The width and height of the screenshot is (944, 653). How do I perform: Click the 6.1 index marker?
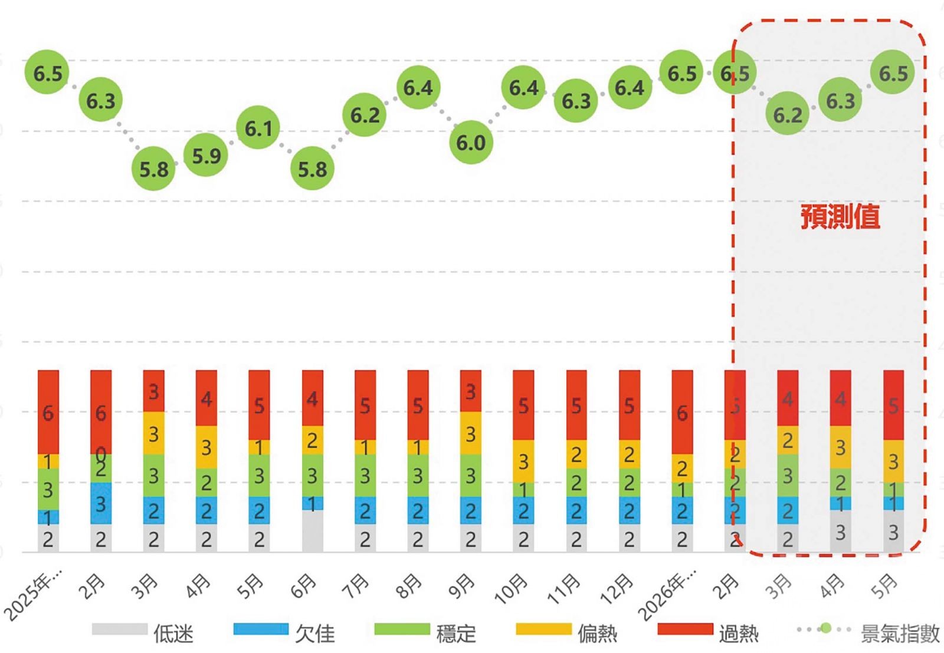[x=258, y=128]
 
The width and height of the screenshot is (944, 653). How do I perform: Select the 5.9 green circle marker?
[x=206, y=156]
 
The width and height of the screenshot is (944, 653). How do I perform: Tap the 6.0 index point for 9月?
[x=471, y=142]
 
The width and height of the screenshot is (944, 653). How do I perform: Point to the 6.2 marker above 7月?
[x=365, y=115]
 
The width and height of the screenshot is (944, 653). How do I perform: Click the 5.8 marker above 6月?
[x=312, y=169]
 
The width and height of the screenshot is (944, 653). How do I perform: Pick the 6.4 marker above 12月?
[x=630, y=88]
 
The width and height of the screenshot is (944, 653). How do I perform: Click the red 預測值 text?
[x=840, y=216]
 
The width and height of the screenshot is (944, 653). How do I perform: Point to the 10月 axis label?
[x=511, y=589]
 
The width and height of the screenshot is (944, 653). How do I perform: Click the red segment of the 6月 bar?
[x=312, y=398]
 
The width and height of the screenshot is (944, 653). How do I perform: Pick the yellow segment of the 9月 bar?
[x=471, y=433]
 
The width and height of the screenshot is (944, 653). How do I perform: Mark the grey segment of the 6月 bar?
[x=312, y=531]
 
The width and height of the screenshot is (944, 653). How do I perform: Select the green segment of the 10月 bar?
[x=523, y=490]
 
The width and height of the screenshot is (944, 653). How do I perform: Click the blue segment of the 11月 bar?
[x=576, y=510]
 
